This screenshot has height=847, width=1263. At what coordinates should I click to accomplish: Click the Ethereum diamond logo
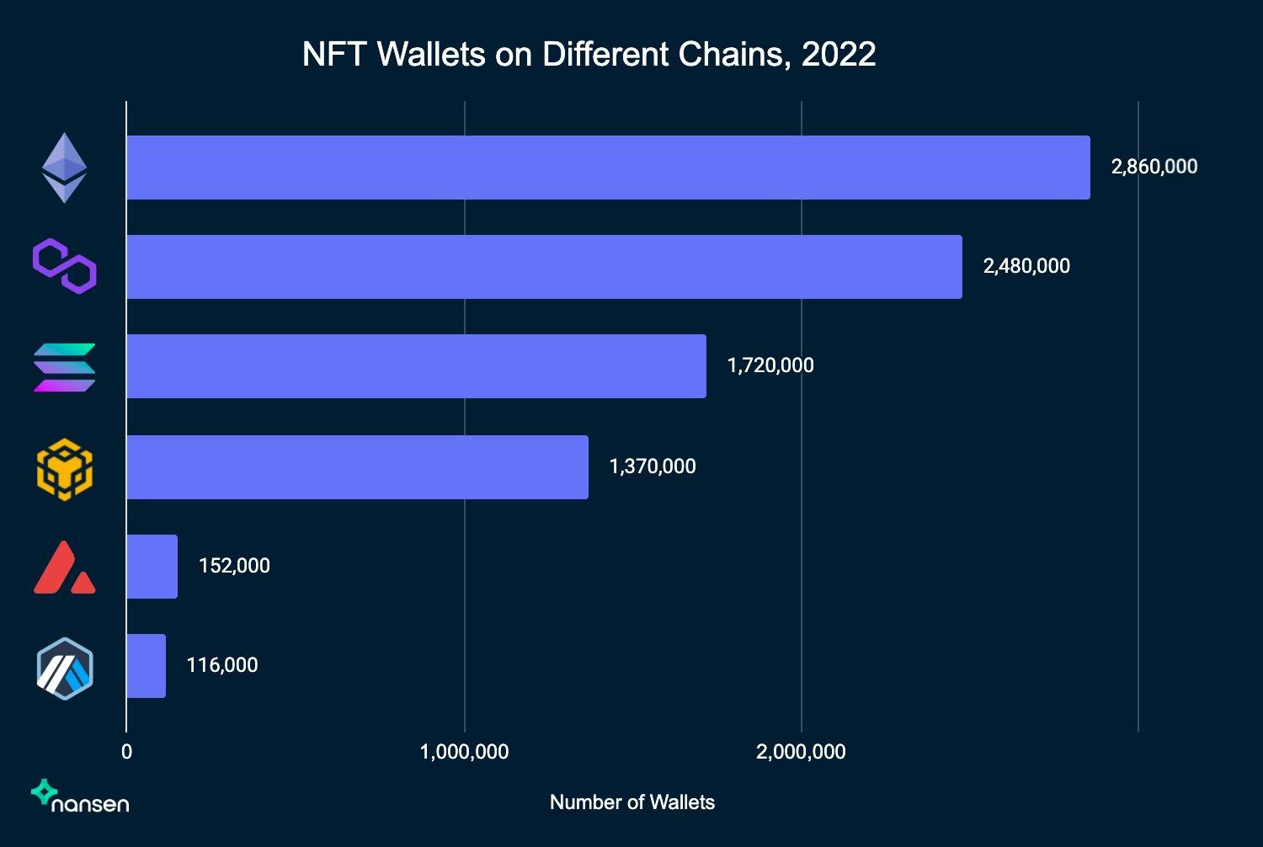coord(65,168)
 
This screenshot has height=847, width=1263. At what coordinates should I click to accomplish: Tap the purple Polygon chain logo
coord(65,266)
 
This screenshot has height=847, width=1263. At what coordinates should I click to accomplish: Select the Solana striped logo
coord(65,367)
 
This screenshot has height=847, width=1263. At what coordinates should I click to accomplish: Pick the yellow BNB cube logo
coord(65,469)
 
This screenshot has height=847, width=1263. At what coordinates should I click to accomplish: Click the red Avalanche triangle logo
coord(65,568)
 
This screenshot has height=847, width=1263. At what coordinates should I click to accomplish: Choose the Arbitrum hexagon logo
coord(65,669)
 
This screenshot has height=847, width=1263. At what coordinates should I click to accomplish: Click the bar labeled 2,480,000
coord(544,267)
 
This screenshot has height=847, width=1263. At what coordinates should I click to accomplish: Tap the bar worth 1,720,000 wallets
coord(416,366)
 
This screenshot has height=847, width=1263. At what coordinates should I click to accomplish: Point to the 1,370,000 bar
coord(357,467)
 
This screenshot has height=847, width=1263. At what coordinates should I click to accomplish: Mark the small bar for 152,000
coord(152,567)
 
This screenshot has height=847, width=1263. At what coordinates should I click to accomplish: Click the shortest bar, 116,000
coord(147,666)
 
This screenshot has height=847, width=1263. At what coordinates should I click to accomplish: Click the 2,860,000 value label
coord(1154,167)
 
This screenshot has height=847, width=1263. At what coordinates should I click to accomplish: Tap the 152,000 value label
coord(234,566)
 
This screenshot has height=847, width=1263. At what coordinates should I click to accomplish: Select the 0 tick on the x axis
coord(126,752)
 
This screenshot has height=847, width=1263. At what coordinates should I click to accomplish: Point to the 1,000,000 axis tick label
coord(464,752)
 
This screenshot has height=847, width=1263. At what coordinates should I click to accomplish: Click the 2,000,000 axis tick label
coord(801,752)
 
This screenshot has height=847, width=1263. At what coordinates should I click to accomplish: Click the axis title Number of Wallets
coord(631,802)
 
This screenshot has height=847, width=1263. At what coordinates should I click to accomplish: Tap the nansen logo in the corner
coord(80,796)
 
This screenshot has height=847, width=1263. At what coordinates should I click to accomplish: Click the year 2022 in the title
coord(839,55)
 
